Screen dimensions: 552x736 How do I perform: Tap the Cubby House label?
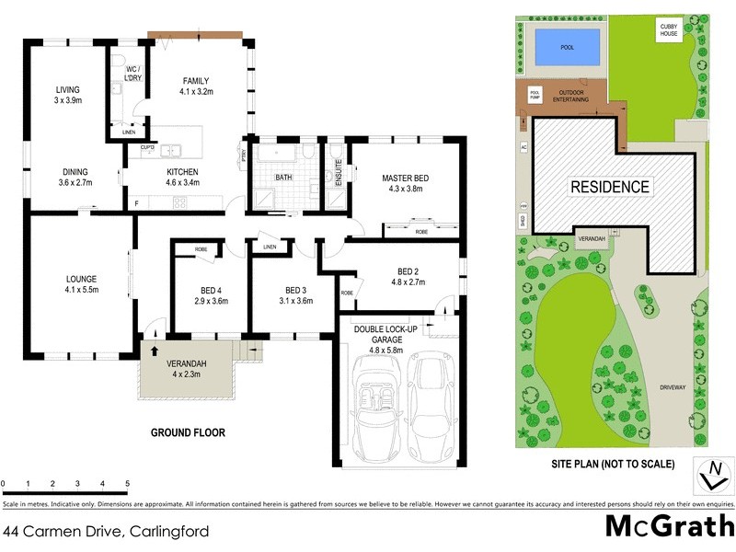[x=669, y=30]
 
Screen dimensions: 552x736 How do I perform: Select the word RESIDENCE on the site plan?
[x=611, y=187]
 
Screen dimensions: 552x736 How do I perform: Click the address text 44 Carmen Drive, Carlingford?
[x=106, y=531]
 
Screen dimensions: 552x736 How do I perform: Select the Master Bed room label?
[x=393, y=184]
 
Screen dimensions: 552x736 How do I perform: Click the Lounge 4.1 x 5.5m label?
[x=81, y=284]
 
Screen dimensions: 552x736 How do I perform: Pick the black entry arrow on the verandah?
[x=155, y=351]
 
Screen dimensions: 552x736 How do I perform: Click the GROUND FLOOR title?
[x=188, y=432]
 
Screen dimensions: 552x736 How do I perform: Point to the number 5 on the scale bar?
[x=127, y=483]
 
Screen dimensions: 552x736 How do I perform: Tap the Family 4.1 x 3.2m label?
[x=197, y=86]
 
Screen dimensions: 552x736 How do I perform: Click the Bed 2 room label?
[x=408, y=276]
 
